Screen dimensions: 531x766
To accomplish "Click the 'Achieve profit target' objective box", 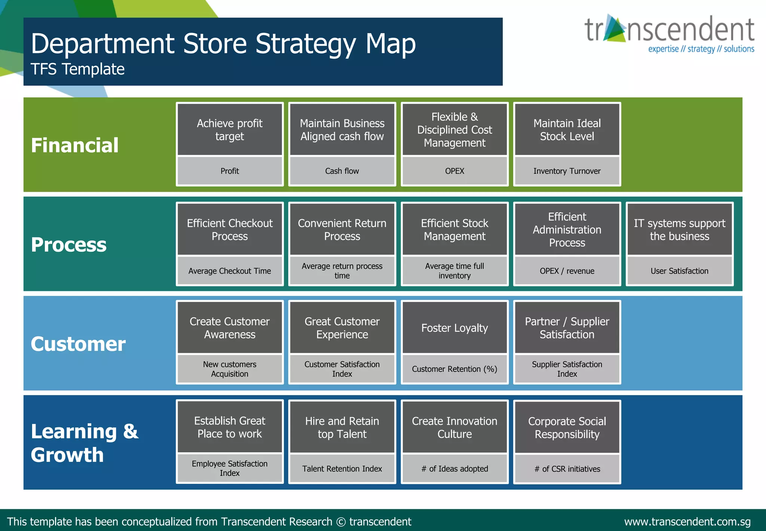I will tap(230, 130).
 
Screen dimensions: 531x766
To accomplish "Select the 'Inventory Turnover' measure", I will tap(567, 171).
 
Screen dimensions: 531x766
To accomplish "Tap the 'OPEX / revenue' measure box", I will tap(567, 271).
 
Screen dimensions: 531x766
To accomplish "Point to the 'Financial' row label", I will tap(75, 145).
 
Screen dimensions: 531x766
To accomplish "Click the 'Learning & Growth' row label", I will tap(85, 443).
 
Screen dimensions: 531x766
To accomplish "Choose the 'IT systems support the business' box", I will tap(679, 230).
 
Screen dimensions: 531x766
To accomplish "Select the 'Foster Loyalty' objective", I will tap(454, 328).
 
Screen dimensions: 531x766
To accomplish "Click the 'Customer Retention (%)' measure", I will tap(454, 369).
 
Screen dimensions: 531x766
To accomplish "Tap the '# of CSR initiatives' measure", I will tap(567, 468).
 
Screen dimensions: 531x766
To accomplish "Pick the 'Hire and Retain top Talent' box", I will tap(342, 427).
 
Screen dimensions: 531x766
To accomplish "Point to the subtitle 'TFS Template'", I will tap(77, 69).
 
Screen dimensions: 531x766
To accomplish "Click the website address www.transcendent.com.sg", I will tap(687, 522).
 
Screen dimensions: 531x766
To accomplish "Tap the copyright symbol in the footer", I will tap(341, 522).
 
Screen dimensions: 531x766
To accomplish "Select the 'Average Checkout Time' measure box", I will tap(230, 271).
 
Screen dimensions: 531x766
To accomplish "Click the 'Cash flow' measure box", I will tap(342, 171).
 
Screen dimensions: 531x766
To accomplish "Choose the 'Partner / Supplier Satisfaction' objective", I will tap(567, 328).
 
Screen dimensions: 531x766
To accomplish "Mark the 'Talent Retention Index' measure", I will tap(342, 468).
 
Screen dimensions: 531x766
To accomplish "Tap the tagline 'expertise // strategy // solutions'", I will tap(701, 49).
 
